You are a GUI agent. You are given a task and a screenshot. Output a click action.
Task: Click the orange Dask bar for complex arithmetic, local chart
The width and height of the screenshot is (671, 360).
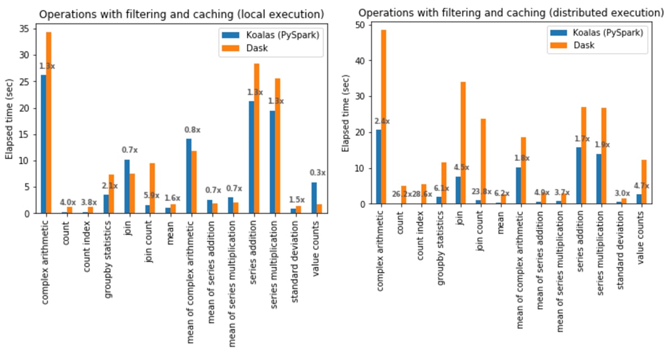click(49, 123)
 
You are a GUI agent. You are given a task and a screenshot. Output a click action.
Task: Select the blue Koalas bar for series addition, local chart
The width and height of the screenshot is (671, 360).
click(251, 157)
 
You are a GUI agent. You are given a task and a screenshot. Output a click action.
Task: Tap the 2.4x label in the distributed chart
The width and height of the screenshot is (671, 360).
click(382, 121)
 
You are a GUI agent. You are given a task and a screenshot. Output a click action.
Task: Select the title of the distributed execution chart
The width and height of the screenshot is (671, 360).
click(508, 12)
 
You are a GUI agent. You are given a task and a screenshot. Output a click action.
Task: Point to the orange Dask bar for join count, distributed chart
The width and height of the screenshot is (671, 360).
click(483, 162)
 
